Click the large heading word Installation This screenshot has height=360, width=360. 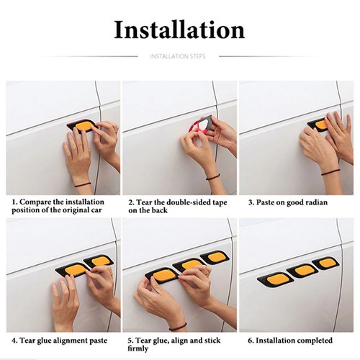tap(179, 30)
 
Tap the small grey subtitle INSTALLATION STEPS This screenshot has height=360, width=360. tap(178, 56)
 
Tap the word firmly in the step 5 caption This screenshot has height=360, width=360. tap(138, 348)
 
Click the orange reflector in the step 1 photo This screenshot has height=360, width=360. tap(84, 126)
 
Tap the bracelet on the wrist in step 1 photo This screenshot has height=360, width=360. tap(82, 184)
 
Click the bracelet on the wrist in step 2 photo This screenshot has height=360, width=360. tap(212, 176)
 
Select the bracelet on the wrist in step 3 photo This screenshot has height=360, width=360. tap(330, 172)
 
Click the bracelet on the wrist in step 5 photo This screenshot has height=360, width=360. tap(178, 328)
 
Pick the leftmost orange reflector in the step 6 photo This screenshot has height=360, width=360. tap(276, 279)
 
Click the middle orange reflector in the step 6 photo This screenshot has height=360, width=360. tap(303, 270)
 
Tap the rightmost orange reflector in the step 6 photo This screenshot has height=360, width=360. tap(328, 263)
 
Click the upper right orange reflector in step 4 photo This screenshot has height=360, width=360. tap(100, 261)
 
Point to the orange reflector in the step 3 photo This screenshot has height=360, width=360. tap(321, 125)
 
